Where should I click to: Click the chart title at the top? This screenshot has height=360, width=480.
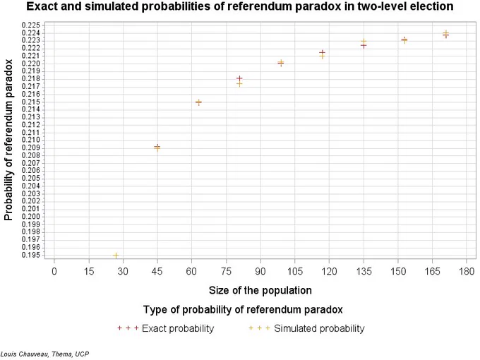point(240,6)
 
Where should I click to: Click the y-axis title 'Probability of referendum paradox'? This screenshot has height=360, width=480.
point(8,140)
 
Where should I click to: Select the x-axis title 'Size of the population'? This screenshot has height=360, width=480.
point(260,290)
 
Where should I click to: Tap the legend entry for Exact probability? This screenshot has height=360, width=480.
point(166,328)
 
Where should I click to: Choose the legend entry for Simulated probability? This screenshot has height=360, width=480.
point(306,328)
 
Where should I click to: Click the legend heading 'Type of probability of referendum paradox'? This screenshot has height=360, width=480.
point(243,309)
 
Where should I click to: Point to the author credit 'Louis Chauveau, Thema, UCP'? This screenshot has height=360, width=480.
point(44,354)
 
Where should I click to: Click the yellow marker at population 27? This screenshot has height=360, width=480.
point(116,255)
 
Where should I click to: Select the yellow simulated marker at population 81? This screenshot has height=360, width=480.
point(239,84)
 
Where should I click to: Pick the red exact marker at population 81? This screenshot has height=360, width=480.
point(239,78)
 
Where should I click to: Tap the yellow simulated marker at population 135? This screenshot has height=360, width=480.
point(364,42)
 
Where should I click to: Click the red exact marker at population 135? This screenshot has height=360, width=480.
point(364,46)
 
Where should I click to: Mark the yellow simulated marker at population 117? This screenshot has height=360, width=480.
point(322,56)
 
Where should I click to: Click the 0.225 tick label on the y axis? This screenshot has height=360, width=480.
point(31,25)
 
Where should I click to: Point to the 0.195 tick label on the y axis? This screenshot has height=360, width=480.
point(31,255)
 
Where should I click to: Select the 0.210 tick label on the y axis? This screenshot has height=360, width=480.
point(31,140)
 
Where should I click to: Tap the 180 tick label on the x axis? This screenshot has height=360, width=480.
point(467,271)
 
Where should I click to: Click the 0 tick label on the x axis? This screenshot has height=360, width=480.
point(54,271)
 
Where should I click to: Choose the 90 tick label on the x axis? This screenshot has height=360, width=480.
point(260,271)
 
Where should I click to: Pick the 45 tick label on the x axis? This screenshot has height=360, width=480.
point(157,271)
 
